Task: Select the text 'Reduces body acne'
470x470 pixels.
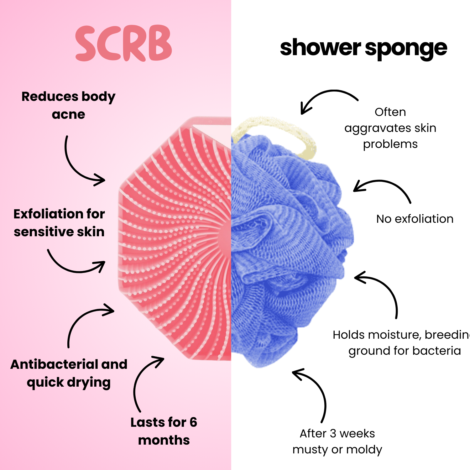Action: [x=68, y=105]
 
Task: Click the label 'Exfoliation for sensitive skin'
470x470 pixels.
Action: [x=59, y=223]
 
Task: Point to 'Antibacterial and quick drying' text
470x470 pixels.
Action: [x=69, y=373]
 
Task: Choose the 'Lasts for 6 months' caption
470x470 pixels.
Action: [x=164, y=431]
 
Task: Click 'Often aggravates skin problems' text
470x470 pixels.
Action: [x=390, y=128]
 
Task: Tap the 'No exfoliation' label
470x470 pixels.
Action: [x=415, y=219]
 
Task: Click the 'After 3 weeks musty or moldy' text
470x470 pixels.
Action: [x=337, y=441]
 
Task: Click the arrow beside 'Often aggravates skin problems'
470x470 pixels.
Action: [x=326, y=97]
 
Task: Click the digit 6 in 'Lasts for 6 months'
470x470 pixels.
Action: [x=193, y=422]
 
